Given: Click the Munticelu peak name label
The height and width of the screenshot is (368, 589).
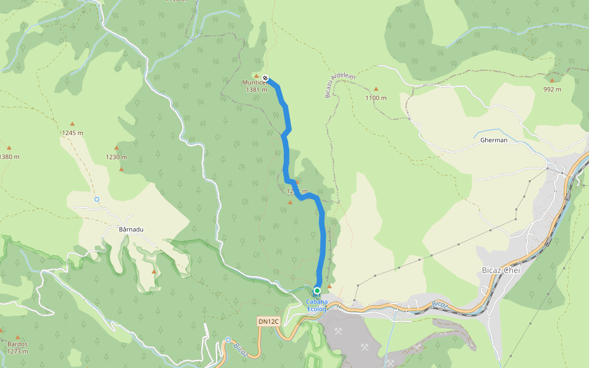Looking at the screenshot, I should [255, 82].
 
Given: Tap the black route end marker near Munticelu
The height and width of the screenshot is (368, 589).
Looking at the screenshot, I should [265, 78].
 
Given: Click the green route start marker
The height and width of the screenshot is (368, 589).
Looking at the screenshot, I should [317, 291].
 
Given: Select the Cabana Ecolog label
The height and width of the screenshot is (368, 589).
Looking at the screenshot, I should [317, 305].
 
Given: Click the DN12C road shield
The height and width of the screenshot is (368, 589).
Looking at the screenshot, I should [268, 321].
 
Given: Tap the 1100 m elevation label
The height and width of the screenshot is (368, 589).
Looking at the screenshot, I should [376, 98].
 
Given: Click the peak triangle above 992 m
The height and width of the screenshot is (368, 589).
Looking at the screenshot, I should [552, 80].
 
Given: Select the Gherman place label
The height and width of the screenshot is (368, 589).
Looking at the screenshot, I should [494, 140].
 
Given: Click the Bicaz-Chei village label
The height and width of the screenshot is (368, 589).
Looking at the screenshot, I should [501, 270].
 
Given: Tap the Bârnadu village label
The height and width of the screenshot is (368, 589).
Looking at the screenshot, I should [130, 229].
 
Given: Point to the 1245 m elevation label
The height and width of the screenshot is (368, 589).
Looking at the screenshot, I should [72, 132].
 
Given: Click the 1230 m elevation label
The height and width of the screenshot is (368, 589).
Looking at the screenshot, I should [116, 156].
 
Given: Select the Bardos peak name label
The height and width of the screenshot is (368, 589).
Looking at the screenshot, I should [17, 344].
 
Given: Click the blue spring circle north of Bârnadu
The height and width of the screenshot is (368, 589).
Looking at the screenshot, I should [96, 199].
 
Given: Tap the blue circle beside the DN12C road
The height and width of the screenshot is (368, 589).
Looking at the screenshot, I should [228, 340].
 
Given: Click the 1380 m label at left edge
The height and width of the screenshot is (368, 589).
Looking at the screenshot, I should [9, 156].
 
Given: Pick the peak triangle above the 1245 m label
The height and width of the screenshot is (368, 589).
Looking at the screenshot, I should [72, 124].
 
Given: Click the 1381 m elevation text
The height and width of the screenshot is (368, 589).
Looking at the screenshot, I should [256, 90].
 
